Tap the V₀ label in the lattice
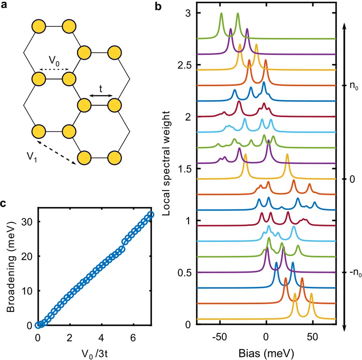54,60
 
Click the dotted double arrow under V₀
54,70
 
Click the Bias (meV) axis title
266,352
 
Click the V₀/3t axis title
94,352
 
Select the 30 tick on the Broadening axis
28,222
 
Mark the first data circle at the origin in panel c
38,325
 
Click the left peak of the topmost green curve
222,14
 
